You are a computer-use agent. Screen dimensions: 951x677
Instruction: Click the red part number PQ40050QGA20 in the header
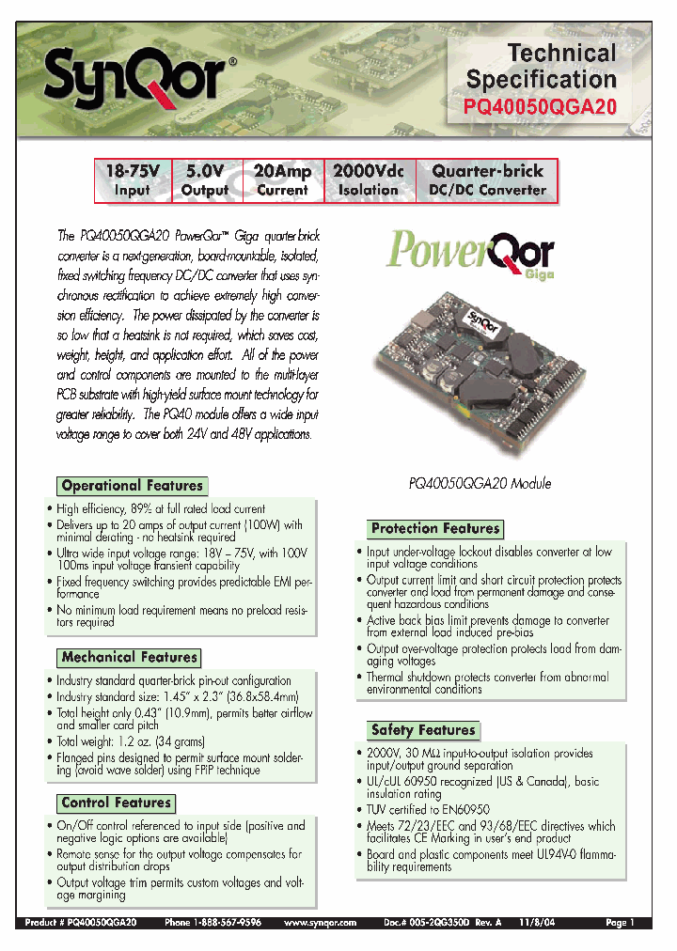click(541, 107)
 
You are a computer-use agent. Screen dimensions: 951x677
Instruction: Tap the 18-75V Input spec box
click(133, 180)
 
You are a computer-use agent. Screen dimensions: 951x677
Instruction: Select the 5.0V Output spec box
click(205, 180)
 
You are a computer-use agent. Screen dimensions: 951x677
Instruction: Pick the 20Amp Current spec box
click(282, 180)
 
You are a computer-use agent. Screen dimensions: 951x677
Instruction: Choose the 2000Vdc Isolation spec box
click(369, 180)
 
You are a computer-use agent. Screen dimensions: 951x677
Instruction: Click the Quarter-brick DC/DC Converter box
click(487, 180)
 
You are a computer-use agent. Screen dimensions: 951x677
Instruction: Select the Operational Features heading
click(132, 486)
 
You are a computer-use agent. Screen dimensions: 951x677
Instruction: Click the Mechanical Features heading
click(130, 657)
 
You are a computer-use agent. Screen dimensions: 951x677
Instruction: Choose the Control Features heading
click(117, 803)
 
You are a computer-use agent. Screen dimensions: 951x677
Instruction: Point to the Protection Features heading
click(434, 528)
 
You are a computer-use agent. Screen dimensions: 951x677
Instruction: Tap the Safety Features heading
click(423, 729)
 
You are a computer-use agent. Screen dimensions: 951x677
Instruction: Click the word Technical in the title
click(562, 54)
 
